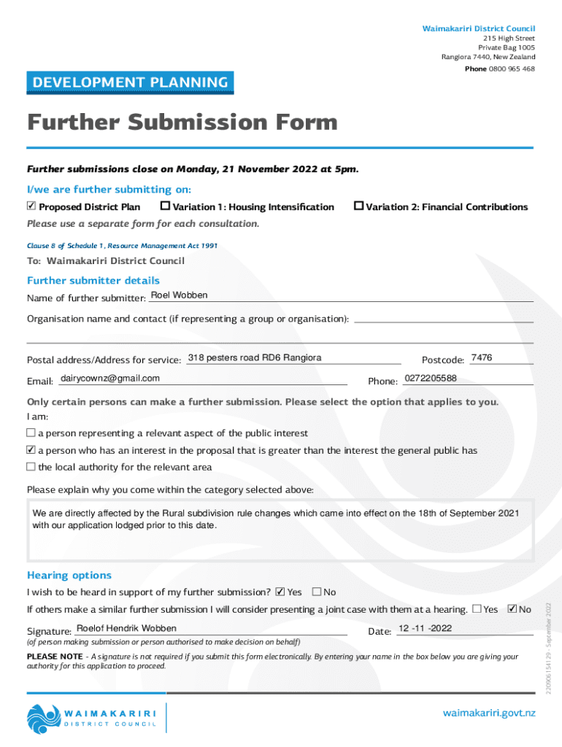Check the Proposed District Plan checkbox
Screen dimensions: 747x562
click(31, 206)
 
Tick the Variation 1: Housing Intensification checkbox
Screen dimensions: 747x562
click(165, 206)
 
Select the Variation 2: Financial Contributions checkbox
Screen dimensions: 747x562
click(358, 206)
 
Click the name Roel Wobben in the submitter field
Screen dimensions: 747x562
click(179, 295)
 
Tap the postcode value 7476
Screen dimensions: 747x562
click(482, 358)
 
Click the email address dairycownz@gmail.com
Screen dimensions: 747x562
click(110, 379)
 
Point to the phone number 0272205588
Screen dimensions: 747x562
click(430, 379)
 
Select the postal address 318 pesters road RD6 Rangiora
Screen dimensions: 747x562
click(255, 358)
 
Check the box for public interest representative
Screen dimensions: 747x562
click(31, 433)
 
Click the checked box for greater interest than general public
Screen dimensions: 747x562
click(31, 450)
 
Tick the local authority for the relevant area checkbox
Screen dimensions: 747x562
click(31, 467)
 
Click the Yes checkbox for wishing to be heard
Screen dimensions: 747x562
click(280, 592)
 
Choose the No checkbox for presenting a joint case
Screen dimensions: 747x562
click(512, 608)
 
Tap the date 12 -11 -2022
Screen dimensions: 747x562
click(425, 629)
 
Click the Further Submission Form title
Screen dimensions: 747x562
click(182, 122)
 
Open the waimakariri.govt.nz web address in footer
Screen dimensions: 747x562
click(489, 713)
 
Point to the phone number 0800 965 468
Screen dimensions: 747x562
click(511, 69)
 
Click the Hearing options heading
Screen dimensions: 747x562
click(69, 575)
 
